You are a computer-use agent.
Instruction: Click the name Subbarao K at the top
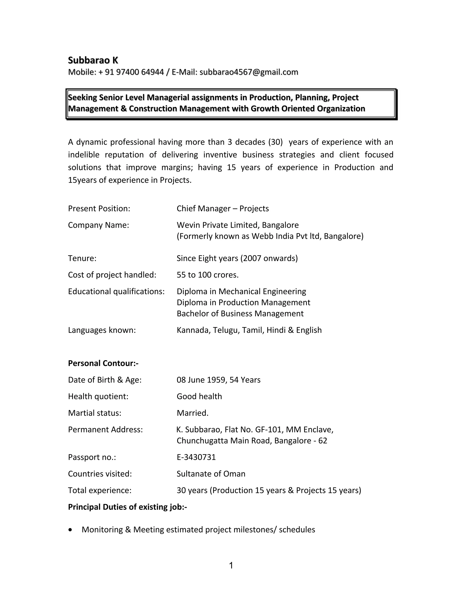pyautogui.click(x=93, y=60)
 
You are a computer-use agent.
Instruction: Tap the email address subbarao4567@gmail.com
pyautogui.click(x=249, y=72)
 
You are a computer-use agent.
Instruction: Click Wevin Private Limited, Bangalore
pyautogui.click(x=238, y=225)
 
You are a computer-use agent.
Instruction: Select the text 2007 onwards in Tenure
pyautogui.click(x=269, y=258)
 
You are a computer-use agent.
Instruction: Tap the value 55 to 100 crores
pyautogui.click(x=208, y=275)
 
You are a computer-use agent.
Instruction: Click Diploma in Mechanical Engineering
pyautogui.click(x=241, y=291)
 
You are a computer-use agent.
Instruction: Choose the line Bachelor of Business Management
pyautogui.click(x=240, y=313)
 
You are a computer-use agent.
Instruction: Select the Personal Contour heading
pyautogui.click(x=103, y=363)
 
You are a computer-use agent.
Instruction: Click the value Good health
pyautogui.click(x=199, y=396)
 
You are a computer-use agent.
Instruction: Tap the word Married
pyautogui.click(x=192, y=413)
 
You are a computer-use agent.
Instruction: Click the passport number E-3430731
pyautogui.click(x=196, y=457)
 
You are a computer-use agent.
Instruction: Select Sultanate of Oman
pyautogui.click(x=211, y=474)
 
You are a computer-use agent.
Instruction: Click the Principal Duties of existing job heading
pyautogui.click(x=127, y=507)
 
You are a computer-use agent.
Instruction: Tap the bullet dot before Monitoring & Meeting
pyautogui.click(x=71, y=530)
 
